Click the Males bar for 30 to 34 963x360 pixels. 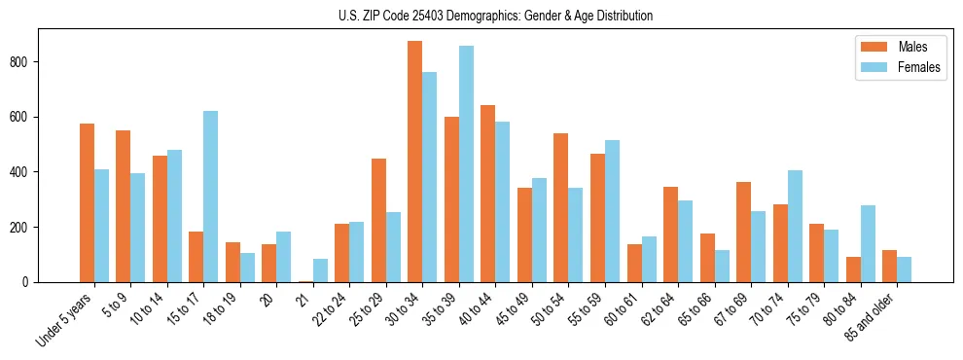point(415,162)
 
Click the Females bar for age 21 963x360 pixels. point(320,270)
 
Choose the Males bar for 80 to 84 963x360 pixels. point(853,270)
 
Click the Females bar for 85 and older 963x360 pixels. point(904,270)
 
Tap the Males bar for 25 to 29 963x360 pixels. point(378,220)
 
